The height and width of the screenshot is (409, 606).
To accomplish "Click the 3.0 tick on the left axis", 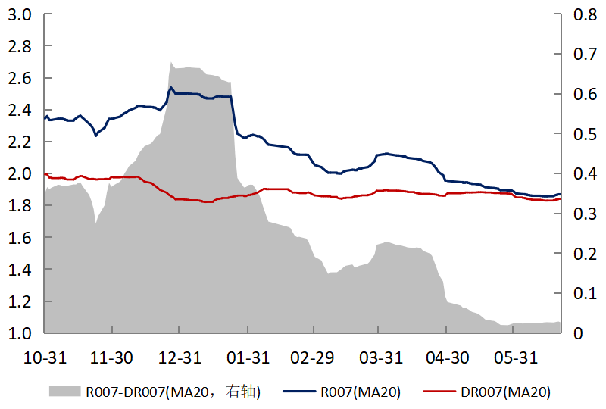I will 19,14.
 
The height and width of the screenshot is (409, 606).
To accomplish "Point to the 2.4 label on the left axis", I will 19,110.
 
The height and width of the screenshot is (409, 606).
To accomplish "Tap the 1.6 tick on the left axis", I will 19,238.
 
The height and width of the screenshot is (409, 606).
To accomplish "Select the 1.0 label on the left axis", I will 19,333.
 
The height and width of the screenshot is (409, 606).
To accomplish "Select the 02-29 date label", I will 313,357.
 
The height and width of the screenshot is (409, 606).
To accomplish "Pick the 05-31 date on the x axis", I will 514,357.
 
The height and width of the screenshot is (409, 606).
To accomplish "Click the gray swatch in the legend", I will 65,391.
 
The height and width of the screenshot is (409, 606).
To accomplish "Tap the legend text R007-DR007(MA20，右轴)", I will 173,392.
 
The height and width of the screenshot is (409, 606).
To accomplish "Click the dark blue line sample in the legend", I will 298,392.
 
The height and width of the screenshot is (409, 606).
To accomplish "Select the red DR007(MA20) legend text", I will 505,392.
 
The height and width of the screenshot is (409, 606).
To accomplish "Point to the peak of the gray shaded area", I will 171,63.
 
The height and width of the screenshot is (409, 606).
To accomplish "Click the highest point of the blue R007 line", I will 171,88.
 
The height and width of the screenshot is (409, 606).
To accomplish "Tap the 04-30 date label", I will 447,357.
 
